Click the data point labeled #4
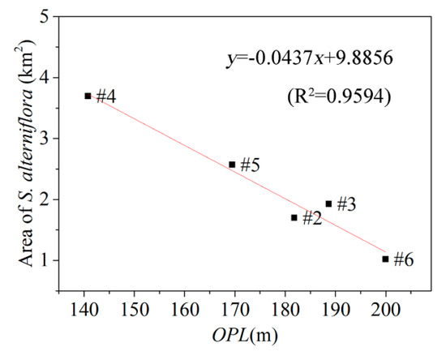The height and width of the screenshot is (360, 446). tap(88, 96)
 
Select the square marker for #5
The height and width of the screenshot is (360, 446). tap(232, 165)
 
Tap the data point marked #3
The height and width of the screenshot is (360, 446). tap(328, 204)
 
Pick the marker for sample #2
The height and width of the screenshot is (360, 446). tap(294, 217)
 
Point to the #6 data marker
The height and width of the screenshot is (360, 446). tap(385, 259)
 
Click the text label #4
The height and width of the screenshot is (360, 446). tap(105, 97)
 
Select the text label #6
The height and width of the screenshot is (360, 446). tap(404, 260)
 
